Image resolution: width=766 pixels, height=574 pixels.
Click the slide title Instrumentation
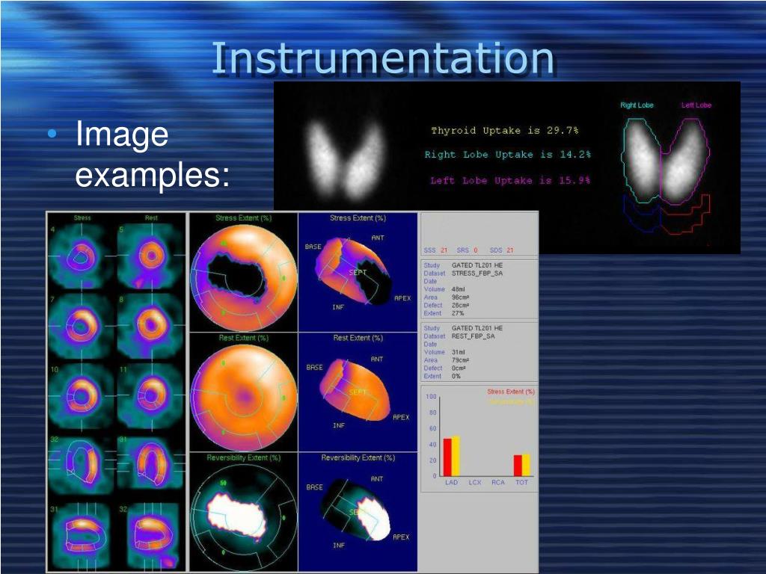click(382, 59)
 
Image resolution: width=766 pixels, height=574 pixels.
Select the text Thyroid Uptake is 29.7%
click(504, 130)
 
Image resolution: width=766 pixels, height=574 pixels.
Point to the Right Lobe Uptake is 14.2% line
click(507, 155)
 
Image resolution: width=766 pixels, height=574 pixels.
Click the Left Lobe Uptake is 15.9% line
click(510, 180)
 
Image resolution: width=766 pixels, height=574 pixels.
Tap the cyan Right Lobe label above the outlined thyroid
click(637, 105)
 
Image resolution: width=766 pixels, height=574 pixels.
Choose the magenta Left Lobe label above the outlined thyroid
click(696, 105)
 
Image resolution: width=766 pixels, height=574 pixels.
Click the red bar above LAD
click(447, 457)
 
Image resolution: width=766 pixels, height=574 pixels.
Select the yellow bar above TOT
click(526, 465)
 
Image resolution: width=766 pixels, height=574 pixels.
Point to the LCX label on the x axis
click(474, 483)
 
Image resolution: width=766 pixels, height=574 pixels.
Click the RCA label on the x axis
click(497, 483)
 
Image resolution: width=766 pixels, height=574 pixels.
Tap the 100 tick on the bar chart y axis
click(432, 397)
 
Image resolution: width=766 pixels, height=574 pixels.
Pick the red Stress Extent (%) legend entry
click(510, 392)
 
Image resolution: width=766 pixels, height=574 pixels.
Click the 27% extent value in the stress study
click(458, 313)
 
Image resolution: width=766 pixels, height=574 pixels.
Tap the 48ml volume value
click(459, 289)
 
